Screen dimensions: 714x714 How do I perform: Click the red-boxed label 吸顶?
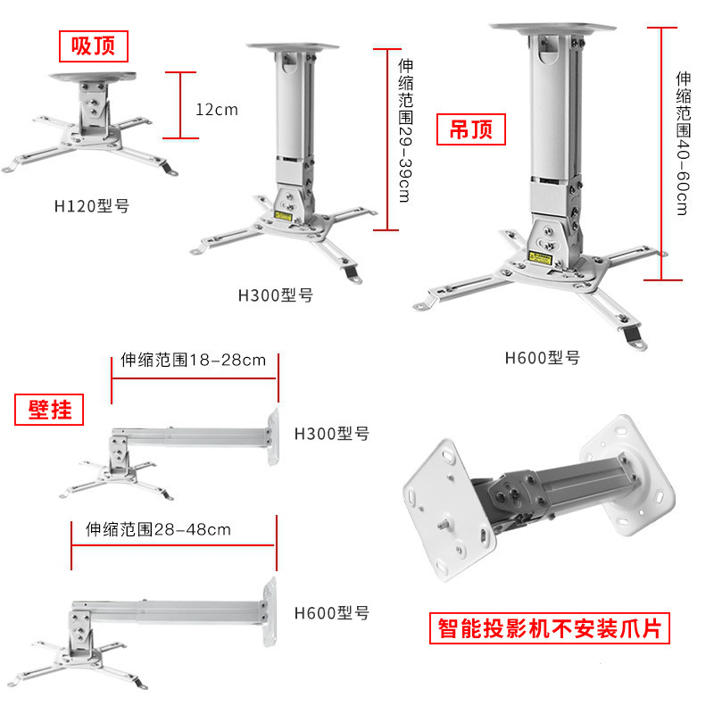coord(94,44)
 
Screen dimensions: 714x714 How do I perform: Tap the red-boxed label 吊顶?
coord(470,130)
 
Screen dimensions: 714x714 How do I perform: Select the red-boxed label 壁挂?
coord(50,409)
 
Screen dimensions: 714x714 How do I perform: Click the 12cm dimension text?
coord(217,110)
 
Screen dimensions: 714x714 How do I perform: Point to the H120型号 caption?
coord(92,205)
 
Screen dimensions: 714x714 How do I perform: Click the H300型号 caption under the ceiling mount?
coord(275,295)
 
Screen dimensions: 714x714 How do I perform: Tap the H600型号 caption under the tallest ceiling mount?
coord(543,359)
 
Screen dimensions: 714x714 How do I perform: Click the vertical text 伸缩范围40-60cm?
coord(683,143)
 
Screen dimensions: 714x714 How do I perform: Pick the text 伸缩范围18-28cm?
coord(193,361)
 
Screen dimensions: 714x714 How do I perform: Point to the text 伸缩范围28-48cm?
coord(158,529)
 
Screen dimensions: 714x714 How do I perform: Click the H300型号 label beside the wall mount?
coord(331,435)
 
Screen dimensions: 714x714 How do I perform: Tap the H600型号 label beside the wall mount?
coord(331,613)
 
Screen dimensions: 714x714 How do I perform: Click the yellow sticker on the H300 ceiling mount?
coord(286,214)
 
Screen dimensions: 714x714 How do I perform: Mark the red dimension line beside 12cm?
coord(181,105)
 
